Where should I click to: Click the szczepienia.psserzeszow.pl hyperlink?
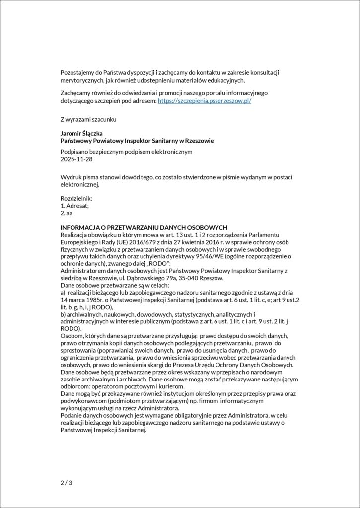pyautogui.click(x=205, y=101)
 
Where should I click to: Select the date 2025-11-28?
pyautogui.click(x=76, y=159)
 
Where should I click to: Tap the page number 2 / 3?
pyautogui.click(x=66, y=482)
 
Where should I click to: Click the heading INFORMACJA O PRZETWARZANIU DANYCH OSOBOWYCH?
pyautogui.click(x=144, y=226)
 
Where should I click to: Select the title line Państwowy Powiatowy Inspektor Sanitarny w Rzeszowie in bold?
pyautogui.click(x=137, y=141)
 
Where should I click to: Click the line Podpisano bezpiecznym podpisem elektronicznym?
pyautogui.click(x=126, y=152)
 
